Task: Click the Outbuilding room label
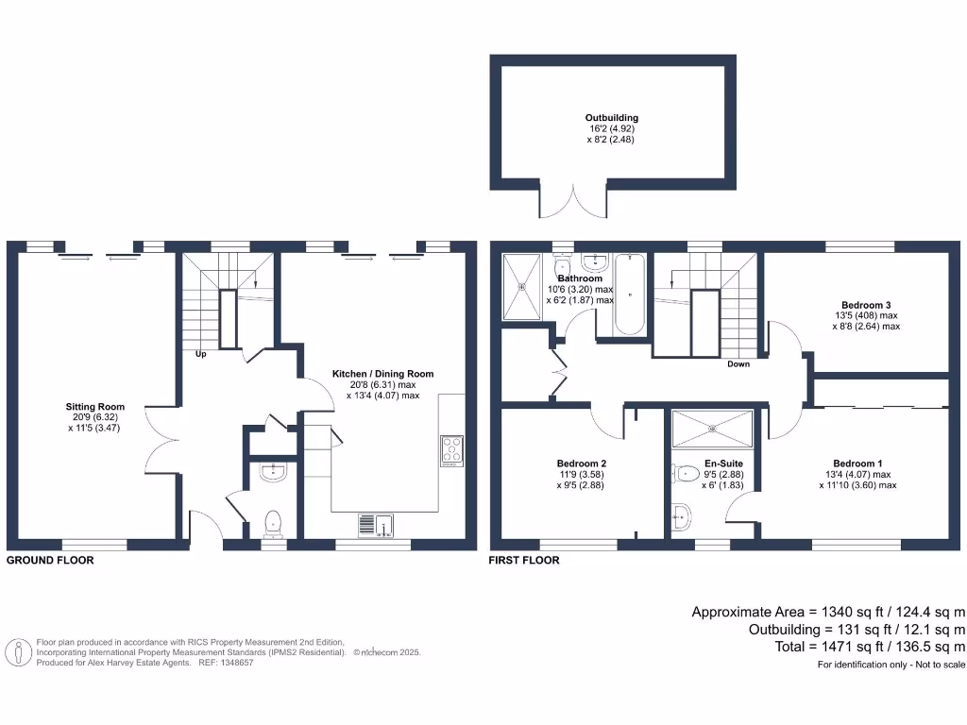(x=612, y=118)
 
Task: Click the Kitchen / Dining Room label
(x=382, y=374)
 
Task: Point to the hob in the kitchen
(x=451, y=450)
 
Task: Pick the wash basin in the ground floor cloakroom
(x=273, y=471)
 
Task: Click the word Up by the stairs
(x=200, y=355)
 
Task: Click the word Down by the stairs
(x=738, y=364)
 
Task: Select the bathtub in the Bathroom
(x=629, y=294)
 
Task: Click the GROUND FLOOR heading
(x=50, y=560)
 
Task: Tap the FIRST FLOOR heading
(x=523, y=560)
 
